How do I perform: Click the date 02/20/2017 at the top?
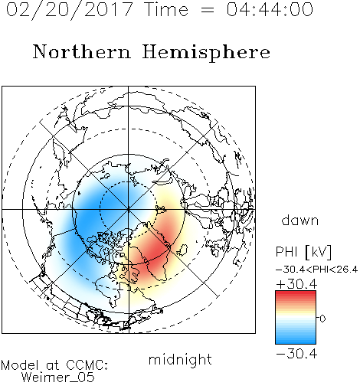(69, 10)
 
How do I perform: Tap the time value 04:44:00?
(270, 9)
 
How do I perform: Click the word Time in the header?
(166, 9)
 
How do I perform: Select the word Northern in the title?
(82, 51)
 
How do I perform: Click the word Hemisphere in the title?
(206, 53)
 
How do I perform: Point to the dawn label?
(300, 220)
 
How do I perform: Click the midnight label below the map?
(180, 360)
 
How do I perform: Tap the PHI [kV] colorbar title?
(303, 252)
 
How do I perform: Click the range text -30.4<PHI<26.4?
(317, 270)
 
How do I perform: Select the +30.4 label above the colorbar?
(296, 284)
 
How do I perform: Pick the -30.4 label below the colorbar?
(296, 354)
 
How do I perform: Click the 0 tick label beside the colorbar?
(322, 319)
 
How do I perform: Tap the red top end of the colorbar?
(296, 293)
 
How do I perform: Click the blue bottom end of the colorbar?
(296, 342)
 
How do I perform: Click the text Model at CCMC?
(54, 365)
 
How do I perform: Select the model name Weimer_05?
(57, 378)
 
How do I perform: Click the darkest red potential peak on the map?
(155, 251)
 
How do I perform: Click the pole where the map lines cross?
(129, 209)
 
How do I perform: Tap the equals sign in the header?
(208, 10)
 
